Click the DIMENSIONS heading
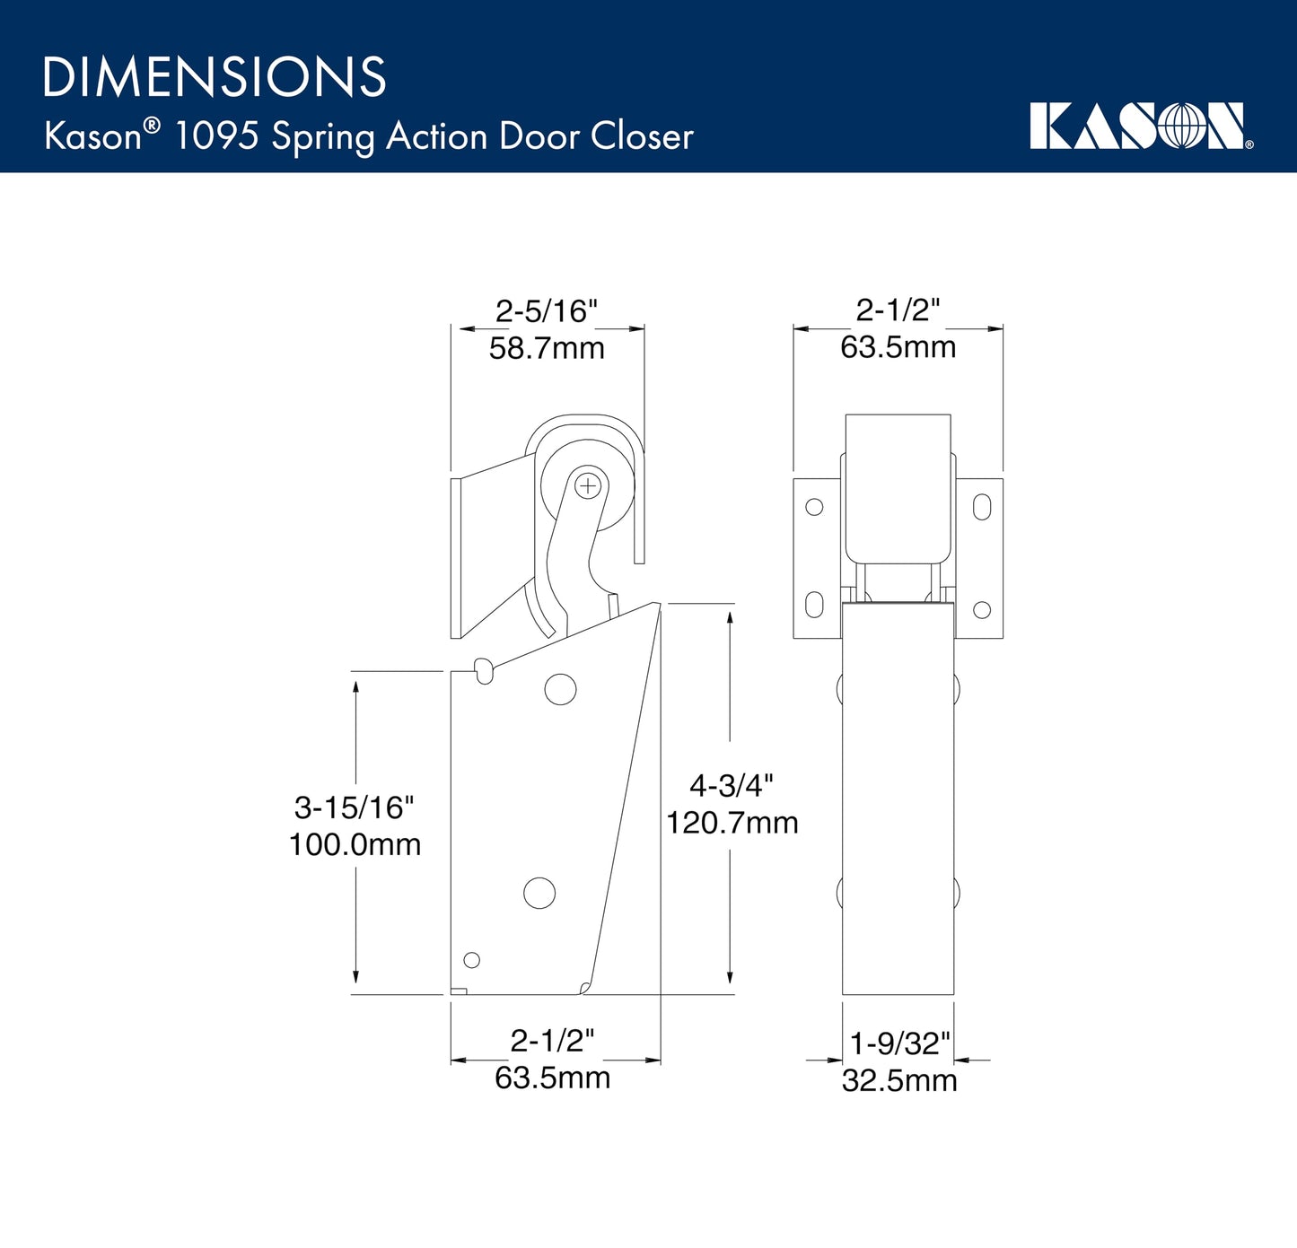[x=215, y=77]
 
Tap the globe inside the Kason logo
[x=1182, y=127]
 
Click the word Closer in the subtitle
[x=642, y=136]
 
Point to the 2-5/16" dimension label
[x=547, y=311]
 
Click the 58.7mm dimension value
[x=547, y=348]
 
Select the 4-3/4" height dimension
[x=731, y=786]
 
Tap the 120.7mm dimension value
[x=732, y=823]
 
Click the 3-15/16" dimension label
[x=355, y=807]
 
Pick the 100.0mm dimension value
[x=355, y=844]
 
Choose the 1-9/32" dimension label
[x=899, y=1043]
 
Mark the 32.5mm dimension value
[x=899, y=1080]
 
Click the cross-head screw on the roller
[x=588, y=486]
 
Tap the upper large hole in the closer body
[x=560, y=689]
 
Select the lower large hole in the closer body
[x=539, y=893]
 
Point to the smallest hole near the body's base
[x=471, y=960]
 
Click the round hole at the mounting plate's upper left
[x=814, y=507]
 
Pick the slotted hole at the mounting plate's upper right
[x=982, y=507]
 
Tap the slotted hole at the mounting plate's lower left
[x=814, y=605]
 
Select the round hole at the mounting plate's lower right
[x=982, y=610]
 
